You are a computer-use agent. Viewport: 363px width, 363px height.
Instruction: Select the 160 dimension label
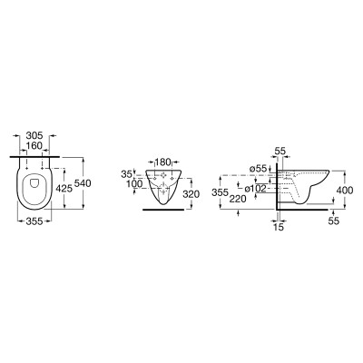34,146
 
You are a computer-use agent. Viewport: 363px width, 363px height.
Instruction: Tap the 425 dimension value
64,189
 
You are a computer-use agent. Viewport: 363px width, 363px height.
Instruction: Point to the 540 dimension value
83,183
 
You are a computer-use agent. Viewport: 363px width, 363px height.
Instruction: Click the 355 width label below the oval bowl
34,221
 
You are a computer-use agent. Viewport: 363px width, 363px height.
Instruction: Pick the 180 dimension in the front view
163,162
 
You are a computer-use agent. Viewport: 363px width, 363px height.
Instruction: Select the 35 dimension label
126,174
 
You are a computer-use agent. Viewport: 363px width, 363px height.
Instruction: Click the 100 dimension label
134,183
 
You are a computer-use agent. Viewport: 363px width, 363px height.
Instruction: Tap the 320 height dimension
191,194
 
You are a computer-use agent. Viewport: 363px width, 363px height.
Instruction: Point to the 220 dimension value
238,199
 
